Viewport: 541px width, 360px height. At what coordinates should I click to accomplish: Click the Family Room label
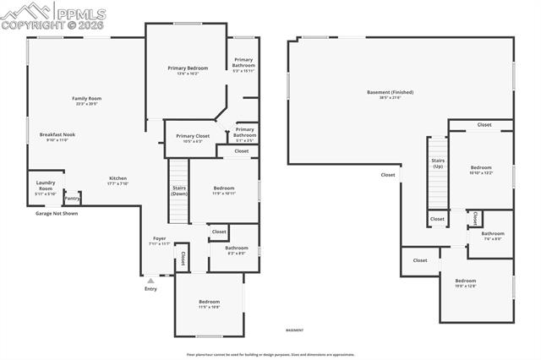86,99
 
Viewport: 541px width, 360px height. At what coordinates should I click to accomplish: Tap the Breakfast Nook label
57,135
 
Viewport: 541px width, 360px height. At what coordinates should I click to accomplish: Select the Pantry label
72,199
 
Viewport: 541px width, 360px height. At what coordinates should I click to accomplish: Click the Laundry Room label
45,185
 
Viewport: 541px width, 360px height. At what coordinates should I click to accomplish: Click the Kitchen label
117,178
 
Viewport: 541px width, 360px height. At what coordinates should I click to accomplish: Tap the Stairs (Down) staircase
179,190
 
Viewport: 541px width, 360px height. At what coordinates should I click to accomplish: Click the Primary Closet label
193,136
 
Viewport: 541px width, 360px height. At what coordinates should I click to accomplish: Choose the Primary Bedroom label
187,68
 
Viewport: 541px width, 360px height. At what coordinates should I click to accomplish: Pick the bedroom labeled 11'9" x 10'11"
224,189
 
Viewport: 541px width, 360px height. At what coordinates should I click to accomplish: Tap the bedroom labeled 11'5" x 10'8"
209,303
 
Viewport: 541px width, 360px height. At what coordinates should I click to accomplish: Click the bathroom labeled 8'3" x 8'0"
237,249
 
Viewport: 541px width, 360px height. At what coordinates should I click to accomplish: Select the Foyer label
160,239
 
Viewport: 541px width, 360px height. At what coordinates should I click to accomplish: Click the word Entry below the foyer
150,289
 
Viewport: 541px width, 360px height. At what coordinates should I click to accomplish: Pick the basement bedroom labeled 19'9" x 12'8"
466,282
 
